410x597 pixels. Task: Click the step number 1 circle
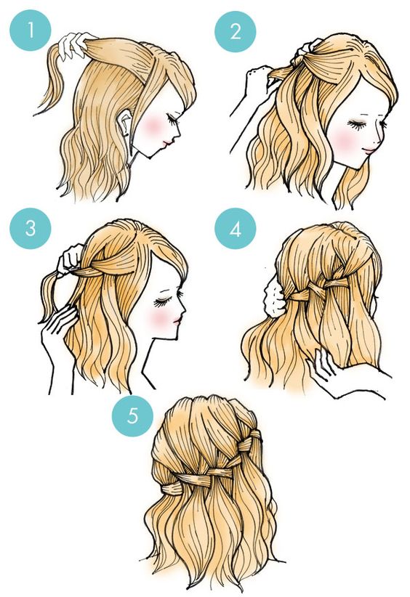(x=30, y=31)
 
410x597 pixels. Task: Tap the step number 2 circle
(x=235, y=31)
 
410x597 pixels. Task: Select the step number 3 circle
(x=30, y=229)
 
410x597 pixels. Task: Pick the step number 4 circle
(x=235, y=229)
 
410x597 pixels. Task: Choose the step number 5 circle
(x=132, y=415)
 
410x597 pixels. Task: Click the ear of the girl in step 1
(x=124, y=123)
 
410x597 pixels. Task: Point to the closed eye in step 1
(x=173, y=119)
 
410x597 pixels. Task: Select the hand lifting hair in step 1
(x=75, y=44)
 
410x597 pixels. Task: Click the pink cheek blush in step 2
(x=345, y=139)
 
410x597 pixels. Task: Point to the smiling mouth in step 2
(x=369, y=150)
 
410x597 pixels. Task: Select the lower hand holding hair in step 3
(x=57, y=327)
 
